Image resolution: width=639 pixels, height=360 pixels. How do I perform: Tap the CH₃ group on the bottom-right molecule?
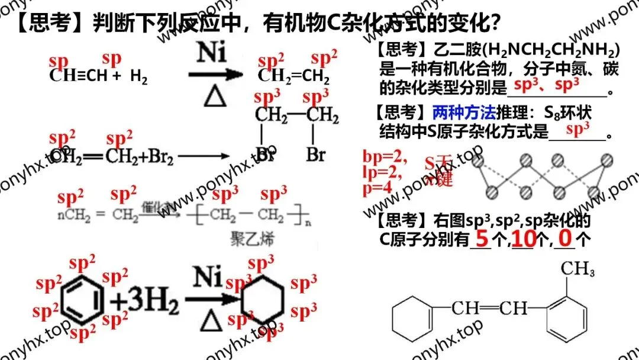pyautogui.click(x=577, y=269)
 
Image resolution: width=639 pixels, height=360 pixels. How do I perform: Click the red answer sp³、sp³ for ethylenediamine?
pyautogui.click(x=547, y=85)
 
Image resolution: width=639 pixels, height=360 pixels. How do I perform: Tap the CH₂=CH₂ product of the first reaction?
pyautogui.click(x=293, y=76)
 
